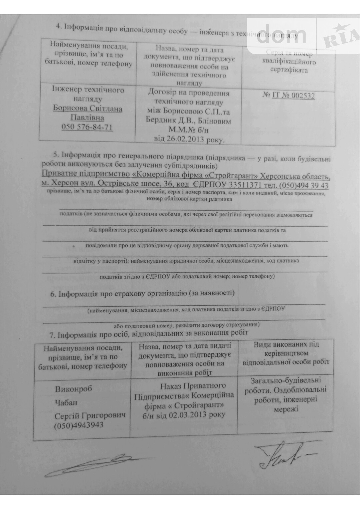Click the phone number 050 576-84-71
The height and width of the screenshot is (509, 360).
coord(87,127)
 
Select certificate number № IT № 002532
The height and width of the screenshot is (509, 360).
coord(289,96)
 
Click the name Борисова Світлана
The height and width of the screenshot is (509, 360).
coord(88,109)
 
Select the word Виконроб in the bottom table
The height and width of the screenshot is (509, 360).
coord(73,389)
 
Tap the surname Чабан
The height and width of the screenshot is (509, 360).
coord(66,402)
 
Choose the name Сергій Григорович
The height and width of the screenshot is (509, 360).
coord(90,416)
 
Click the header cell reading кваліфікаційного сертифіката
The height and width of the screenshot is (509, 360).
coord(289,66)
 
